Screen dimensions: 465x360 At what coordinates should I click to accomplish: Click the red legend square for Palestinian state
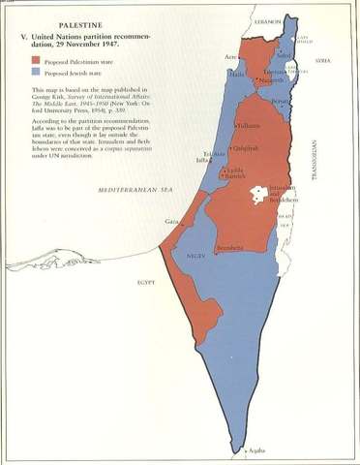coord(36,59)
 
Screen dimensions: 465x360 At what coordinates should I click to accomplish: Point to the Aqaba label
coord(255,451)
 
